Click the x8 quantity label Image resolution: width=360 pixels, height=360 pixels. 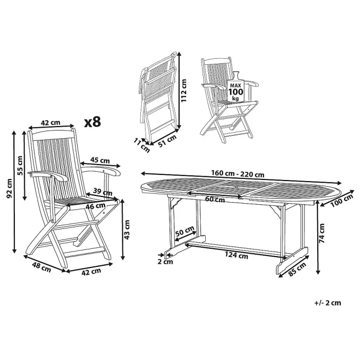pos(93,122)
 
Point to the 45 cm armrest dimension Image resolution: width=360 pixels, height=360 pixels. pos(99,160)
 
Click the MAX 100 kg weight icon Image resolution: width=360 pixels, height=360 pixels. pos(235,91)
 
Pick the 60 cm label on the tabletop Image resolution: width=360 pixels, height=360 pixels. pos(215,199)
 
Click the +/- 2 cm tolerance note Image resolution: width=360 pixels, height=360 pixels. pos(328,302)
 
